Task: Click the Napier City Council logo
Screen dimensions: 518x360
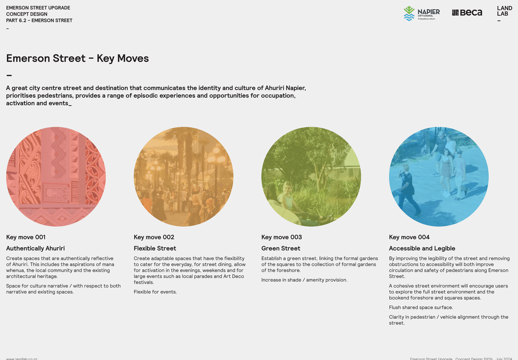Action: coord(422,13)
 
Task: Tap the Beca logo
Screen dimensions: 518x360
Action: coord(467,12)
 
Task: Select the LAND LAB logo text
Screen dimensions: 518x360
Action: coord(504,11)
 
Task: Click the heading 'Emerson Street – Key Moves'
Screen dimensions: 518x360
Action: coord(77,58)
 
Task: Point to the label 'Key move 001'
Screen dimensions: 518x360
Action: coord(26,237)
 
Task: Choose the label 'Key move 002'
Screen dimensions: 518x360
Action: coord(154,237)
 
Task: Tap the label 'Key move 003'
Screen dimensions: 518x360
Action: coord(281,237)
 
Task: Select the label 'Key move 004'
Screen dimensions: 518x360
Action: coord(409,237)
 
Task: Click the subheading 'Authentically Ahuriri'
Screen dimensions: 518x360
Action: coord(35,248)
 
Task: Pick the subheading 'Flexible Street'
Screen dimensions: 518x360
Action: coord(155,248)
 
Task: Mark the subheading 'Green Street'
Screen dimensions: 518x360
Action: coord(281,248)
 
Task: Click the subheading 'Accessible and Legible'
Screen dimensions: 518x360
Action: coord(422,248)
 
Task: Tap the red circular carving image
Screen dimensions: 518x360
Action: coord(56,177)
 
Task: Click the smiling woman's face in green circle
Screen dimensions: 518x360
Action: coord(288,188)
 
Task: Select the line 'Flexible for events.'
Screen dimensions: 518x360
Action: coord(155,292)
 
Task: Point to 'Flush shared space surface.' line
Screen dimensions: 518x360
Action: coord(421,307)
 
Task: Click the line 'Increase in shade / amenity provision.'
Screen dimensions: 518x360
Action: coord(304,280)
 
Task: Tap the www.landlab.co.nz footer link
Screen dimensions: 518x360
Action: coord(22,359)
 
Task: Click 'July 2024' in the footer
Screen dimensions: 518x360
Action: coord(504,359)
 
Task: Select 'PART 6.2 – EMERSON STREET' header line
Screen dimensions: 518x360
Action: coord(39,20)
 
